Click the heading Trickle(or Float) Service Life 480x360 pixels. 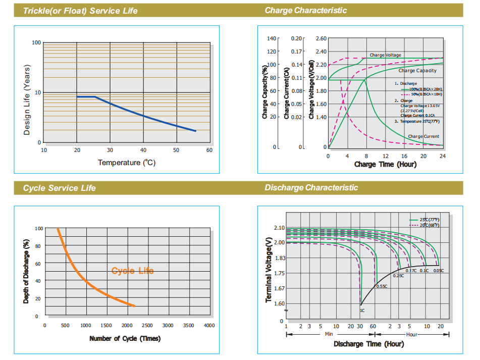tap(80, 11)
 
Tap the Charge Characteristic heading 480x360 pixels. tap(305, 11)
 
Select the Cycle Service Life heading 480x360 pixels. tap(59, 188)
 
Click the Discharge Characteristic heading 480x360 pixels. tap(311, 188)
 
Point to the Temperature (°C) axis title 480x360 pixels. tap(126, 163)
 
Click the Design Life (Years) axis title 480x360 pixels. tap(27, 100)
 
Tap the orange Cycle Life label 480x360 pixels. tap(132, 271)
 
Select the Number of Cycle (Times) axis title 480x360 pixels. tap(125, 338)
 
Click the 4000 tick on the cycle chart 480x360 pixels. tap(209, 326)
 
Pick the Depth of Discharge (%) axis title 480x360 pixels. tap(26, 272)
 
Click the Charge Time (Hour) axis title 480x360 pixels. tap(385, 165)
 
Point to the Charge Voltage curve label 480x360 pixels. tap(385, 55)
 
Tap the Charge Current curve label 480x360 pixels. tap(423, 136)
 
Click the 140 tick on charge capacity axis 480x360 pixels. tap(272, 38)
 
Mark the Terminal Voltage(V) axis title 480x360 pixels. tap(269, 271)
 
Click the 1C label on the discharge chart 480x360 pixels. tap(362, 311)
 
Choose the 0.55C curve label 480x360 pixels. tap(382, 286)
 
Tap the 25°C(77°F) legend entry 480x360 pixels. tap(429, 220)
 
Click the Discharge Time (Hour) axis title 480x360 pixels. tap(368, 344)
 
